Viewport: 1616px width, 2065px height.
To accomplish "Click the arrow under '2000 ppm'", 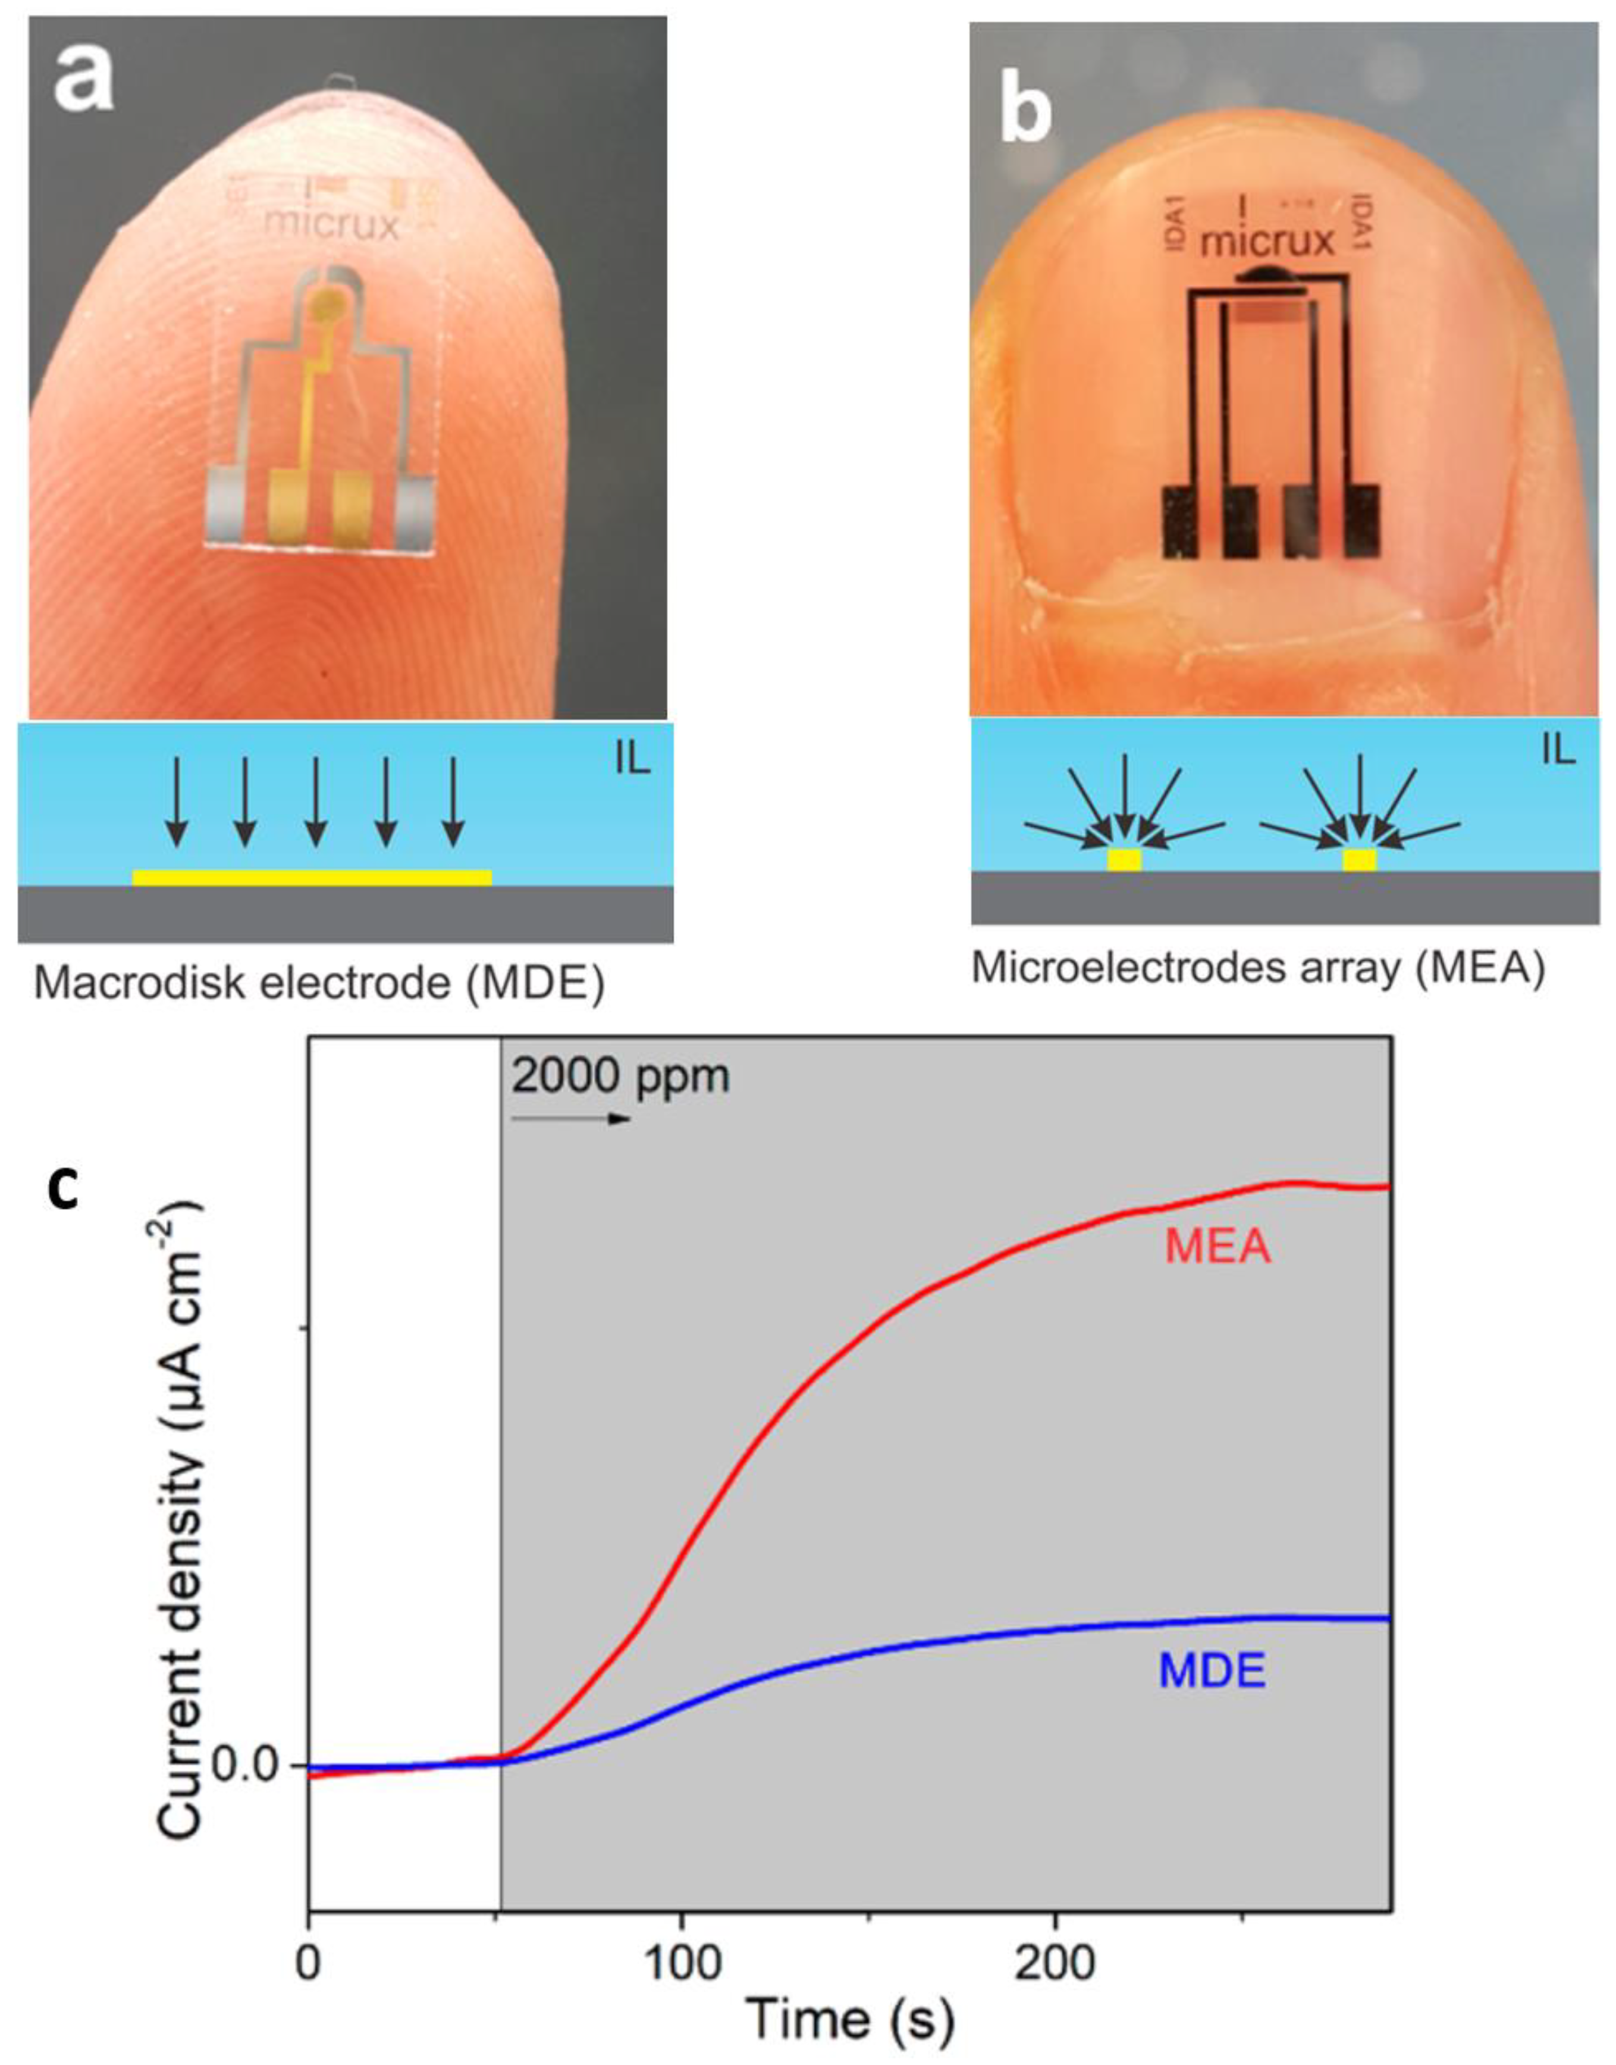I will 570,1119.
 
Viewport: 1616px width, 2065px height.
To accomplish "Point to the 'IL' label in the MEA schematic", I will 1558,750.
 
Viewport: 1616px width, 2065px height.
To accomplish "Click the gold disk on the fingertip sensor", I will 328,303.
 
